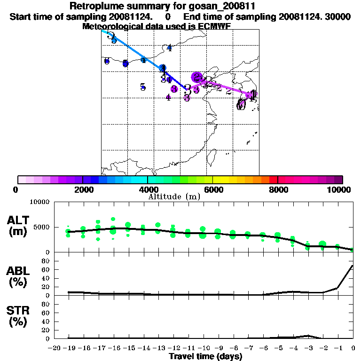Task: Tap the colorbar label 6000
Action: coord(213,190)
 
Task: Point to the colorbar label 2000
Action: coord(83,190)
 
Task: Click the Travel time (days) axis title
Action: coord(205,356)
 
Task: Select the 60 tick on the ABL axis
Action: coord(46,269)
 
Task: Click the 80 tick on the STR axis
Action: coord(46,304)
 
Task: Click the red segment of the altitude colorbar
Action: coord(273,179)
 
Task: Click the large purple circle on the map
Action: coord(197,77)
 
